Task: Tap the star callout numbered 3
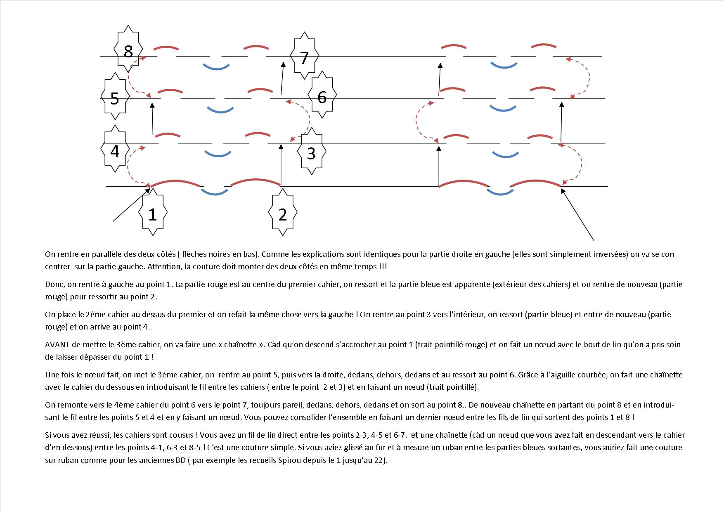point(311,153)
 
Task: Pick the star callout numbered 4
point(115,151)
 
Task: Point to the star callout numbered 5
point(115,99)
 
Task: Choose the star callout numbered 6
point(322,97)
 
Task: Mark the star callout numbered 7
point(305,58)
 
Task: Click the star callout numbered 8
point(128,52)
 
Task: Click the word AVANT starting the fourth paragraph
point(56,345)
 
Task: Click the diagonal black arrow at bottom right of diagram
point(577,214)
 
